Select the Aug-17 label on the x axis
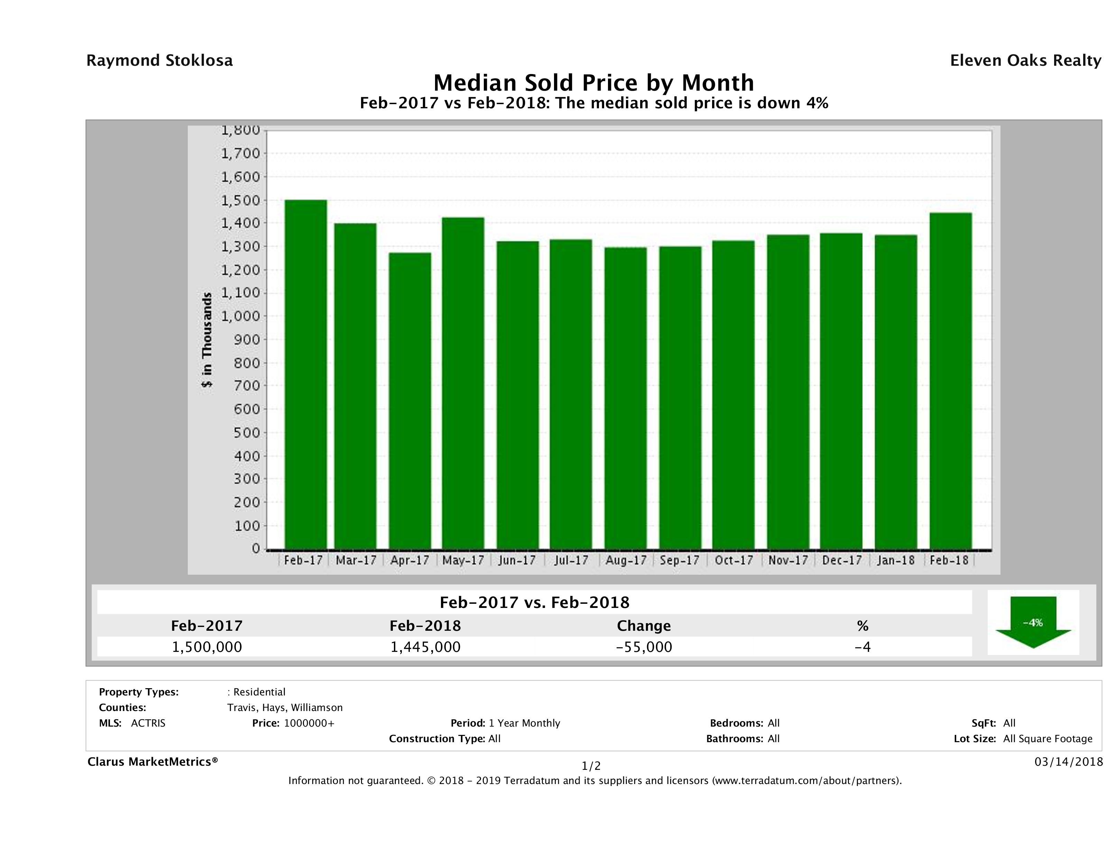coord(626,560)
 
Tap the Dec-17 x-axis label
coord(841,560)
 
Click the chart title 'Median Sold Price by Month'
coord(593,82)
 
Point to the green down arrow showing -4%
coord(1033,623)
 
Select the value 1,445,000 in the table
coord(425,647)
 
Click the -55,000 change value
coord(644,647)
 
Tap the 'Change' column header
coord(644,626)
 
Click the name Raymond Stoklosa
coord(159,61)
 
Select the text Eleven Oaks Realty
coord(1025,61)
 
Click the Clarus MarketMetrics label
coord(153,762)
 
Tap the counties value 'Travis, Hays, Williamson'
coord(285,708)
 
